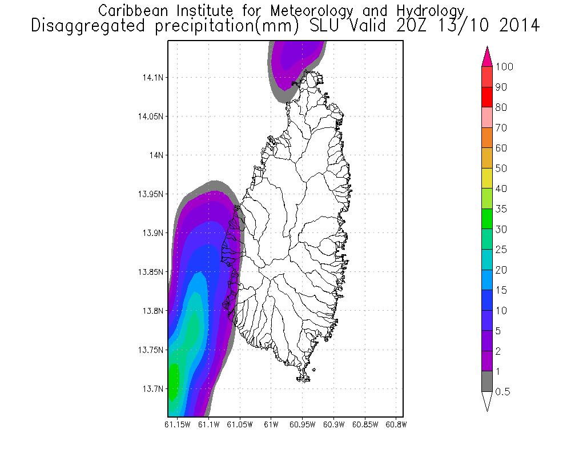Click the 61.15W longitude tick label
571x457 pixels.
coord(176,424)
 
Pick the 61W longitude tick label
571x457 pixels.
coord(271,424)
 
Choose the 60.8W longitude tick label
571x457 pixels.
coord(396,424)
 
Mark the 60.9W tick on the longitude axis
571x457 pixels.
coord(333,424)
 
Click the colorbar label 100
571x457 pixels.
coord(505,67)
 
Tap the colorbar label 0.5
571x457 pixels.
coord(503,392)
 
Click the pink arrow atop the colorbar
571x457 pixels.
coord(487,56)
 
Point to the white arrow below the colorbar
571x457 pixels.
coord(487,401)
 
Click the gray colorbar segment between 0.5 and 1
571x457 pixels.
coord(487,381)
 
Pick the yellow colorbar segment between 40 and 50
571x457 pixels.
coord(487,178)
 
